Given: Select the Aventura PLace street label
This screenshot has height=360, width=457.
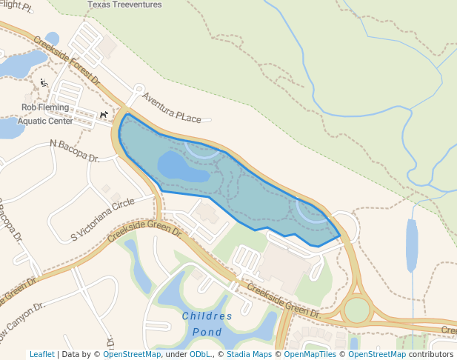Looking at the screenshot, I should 171,108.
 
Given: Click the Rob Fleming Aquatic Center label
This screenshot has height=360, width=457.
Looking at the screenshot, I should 45,114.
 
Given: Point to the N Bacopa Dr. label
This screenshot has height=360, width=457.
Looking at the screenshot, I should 75,151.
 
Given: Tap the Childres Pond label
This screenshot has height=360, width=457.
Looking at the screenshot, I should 207,324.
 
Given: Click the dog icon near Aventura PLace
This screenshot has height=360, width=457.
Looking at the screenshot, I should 104,115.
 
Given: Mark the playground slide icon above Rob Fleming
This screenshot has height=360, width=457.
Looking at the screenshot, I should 44,83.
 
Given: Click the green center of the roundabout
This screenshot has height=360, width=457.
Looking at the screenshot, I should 356,310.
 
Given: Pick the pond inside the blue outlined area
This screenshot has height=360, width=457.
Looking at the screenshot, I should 182,167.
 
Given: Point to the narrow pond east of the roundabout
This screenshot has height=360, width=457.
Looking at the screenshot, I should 411,245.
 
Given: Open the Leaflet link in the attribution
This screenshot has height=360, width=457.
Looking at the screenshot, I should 42,354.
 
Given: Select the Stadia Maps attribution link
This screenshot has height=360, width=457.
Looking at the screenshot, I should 249,354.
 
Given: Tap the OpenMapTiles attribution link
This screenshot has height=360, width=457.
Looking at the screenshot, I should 310,354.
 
